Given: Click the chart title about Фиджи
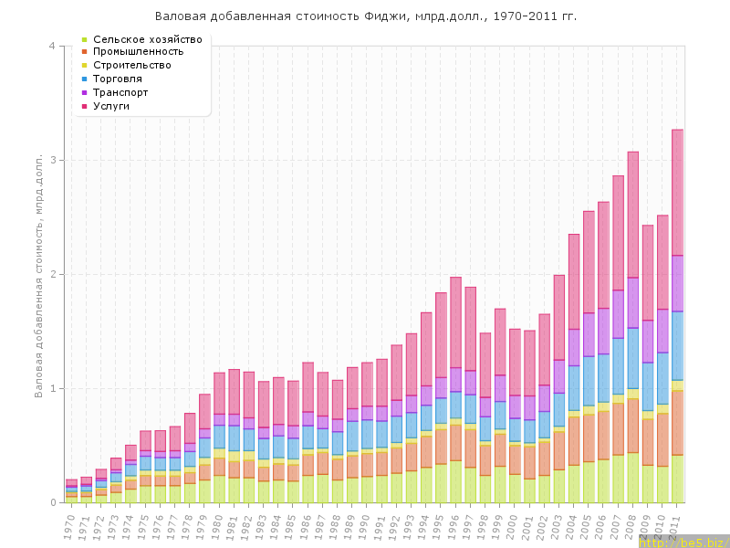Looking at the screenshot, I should pyautogui.click(x=365, y=16).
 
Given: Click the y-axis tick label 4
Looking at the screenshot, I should pyautogui.click(x=52, y=47).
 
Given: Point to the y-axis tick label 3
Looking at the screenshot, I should pyautogui.click(x=52, y=161).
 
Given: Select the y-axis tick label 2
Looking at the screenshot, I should pyautogui.click(x=52, y=275).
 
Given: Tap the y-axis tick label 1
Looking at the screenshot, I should pyautogui.click(x=52, y=389).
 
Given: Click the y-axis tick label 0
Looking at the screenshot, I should pyautogui.click(x=52, y=503).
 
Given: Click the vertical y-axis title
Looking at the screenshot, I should pyautogui.click(x=38, y=274).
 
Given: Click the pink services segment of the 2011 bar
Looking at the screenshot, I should pyautogui.click(x=678, y=192).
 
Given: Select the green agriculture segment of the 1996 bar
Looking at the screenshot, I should pyautogui.click(x=455, y=481).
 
